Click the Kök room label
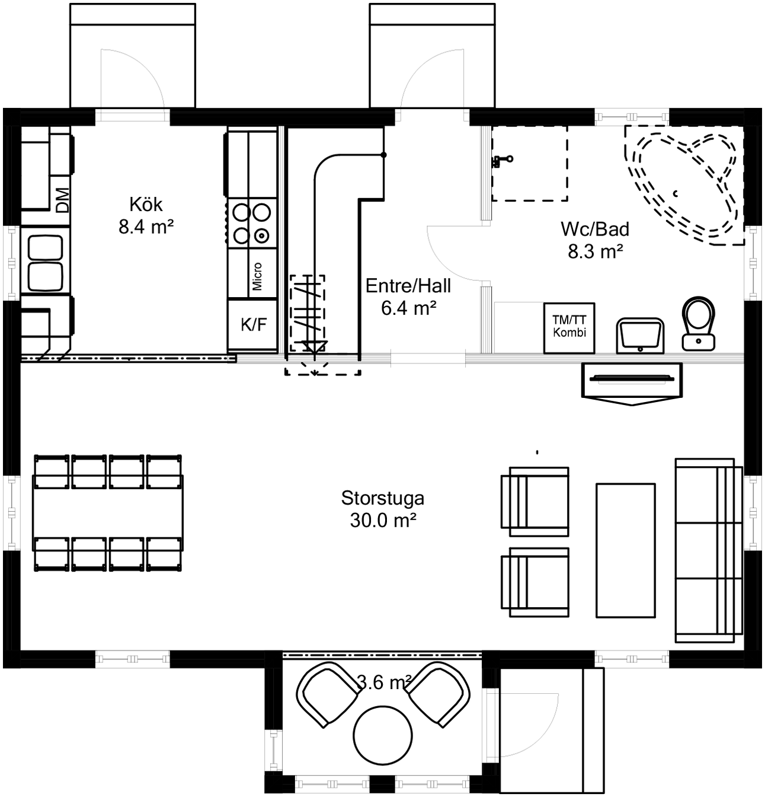pos(146,215)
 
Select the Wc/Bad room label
pos(595,240)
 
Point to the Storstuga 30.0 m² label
pos(383,509)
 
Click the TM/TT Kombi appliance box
pos(569,328)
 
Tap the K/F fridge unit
pos(254,325)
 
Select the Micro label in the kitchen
pos(257,276)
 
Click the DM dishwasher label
pos(63,200)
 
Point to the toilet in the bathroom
pos(698,324)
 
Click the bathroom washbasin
pos(640,336)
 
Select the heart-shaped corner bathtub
pos(684,186)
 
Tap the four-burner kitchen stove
pos(252,224)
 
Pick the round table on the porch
pos(383,735)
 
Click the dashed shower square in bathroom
pos(530,163)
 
